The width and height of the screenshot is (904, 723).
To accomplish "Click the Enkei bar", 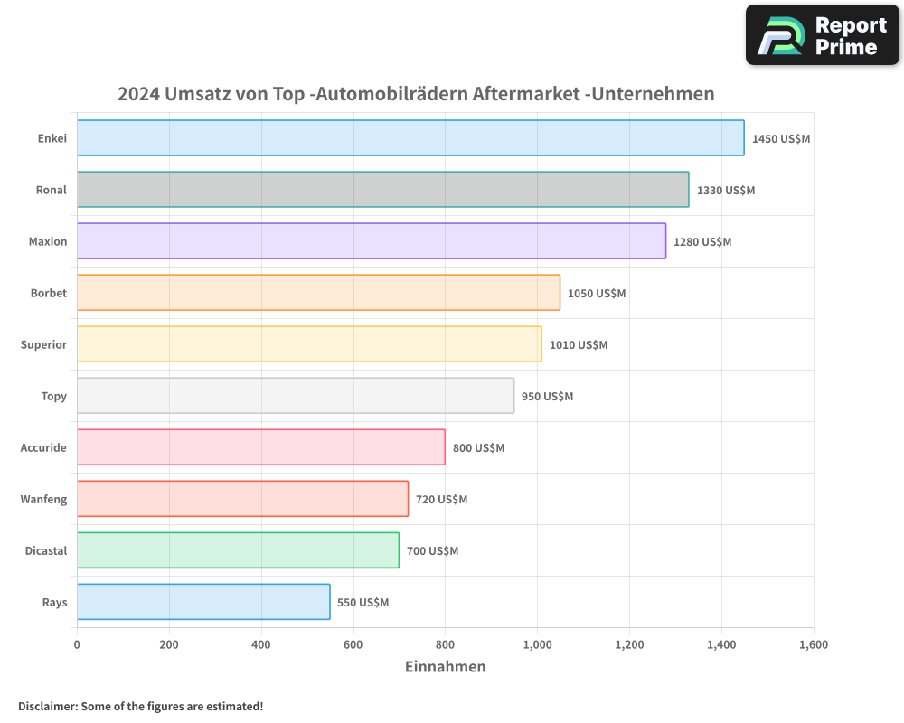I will pyautogui.click(x=410, y=138).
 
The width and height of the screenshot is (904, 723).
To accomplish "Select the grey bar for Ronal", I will pyautogui.click(x=382, y=190).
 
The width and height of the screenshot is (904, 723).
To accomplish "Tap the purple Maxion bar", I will pyautogui.click(x=371, y=241).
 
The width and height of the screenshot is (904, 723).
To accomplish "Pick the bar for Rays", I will pyautogui.click(x=203, y=602).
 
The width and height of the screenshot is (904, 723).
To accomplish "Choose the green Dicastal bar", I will pyautogui.click(x=238, y=550).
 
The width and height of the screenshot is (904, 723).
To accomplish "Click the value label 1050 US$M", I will pyautogui.click(x=597, y=294).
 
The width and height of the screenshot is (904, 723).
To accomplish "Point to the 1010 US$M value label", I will pyautogui.click(x=579, y=345).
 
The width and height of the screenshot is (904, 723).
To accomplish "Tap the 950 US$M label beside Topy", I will pyautogui.click(x=547, y=397).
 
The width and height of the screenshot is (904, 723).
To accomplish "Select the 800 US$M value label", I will pyautogui.click(x=478, y=448).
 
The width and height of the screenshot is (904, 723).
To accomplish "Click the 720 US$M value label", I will pyautogui.click(x=441, y=500).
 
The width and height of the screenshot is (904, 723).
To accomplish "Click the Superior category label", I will pyautogui.click(x=43, y=344).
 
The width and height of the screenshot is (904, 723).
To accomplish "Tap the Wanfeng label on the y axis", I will pyautogui.click(x=43, y=499).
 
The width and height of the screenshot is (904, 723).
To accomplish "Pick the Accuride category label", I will pyautogui.click(x=43, y=447).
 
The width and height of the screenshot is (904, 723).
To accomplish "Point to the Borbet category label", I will pyautogui.click(x=49, y=293).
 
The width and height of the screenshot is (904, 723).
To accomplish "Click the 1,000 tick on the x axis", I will pyautogui.click(x=537, y=645).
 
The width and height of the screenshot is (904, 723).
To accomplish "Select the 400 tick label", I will pyautogui.click(x=261, y=645).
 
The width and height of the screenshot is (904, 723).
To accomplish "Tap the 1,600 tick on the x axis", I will pyautogui.click(x=813, y=645).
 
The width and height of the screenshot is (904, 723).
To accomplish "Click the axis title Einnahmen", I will pyautogui.click(x=445, y=667).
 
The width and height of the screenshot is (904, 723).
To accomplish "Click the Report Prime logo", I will pyautogui.click(x=822, y=35).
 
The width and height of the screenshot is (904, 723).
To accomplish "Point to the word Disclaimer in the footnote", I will pyautogui.click(x=46, y=706).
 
